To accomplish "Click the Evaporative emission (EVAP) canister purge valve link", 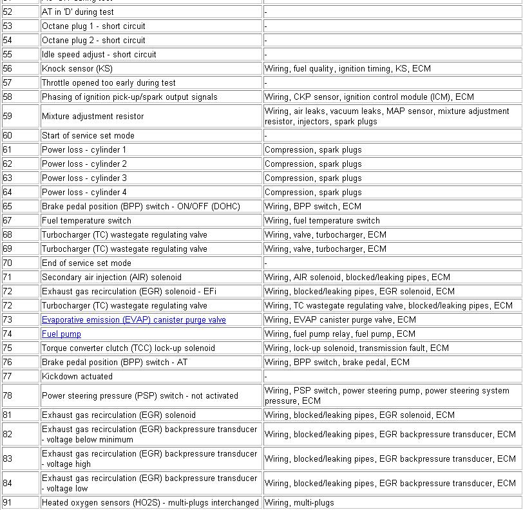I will click(133, 320).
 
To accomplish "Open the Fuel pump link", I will click(61, 334).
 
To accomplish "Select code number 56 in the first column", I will click(8, 69).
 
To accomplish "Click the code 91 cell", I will click(8, 503).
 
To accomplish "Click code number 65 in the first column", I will click(8, 207).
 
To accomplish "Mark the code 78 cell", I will click(8, 396).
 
